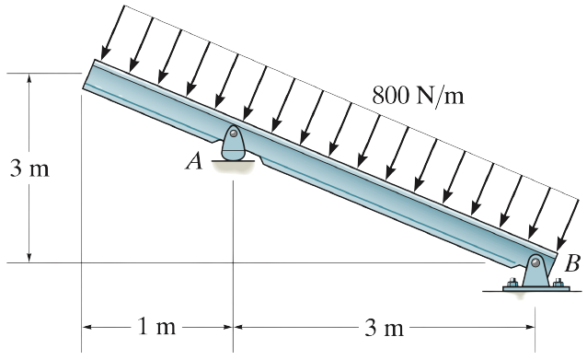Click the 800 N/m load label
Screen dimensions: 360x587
pyautogui.click(x=418, y=95)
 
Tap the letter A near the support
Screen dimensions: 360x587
pyautogui.click(x=193, y=162)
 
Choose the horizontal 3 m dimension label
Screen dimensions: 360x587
pyautogui.click(x=381, y=327)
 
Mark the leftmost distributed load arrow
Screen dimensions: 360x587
pyautogui.click(x=109, y=37)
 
